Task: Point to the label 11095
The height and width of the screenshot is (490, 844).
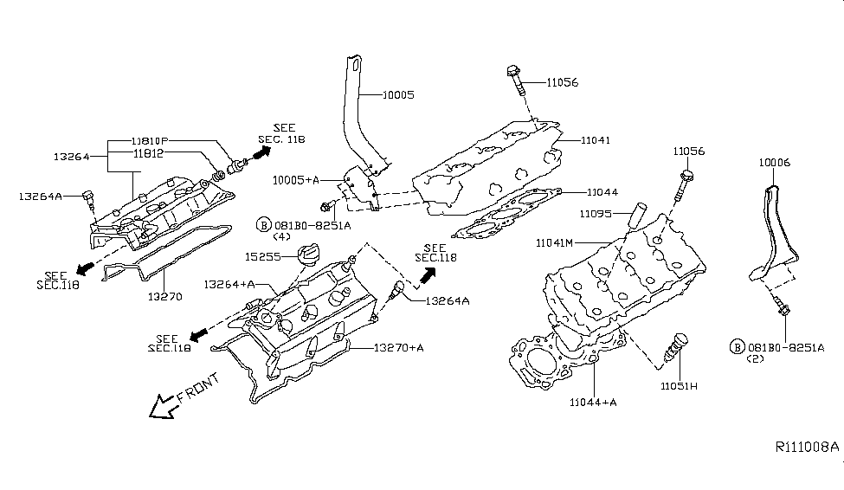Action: (x=597, y=212)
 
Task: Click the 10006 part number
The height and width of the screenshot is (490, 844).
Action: (x=774, y=162)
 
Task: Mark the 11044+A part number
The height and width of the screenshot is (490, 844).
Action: (x=594, y=402)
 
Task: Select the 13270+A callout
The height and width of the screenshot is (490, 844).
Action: (x=399, y=348)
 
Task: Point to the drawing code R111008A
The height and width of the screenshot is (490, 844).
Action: (x=806, y=448)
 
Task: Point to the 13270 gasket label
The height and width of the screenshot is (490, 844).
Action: (x=164, y=296)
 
